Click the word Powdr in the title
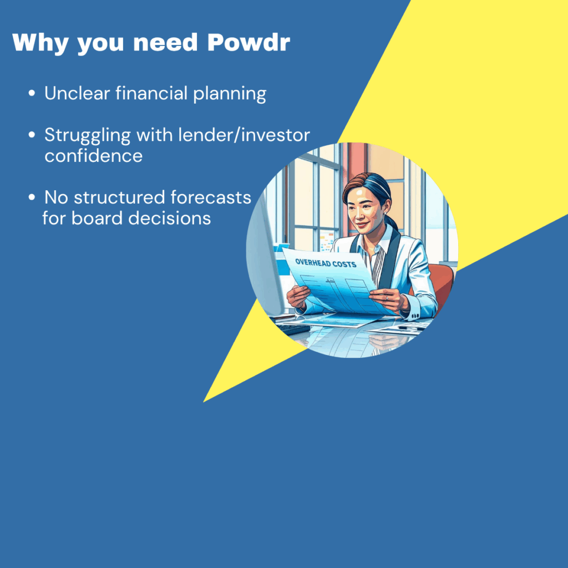[x=248, y=42]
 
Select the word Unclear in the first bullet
[x=77, y=93]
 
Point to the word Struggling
[x=87, y=136]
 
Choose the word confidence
[x=93, y=156]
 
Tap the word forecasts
[x=211, y=197]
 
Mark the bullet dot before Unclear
[x=32, y=93]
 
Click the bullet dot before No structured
[x=32, y=197]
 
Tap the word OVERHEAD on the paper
[x=313, y=262]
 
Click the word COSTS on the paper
[x=344, y=264]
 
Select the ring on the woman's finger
[x=387, y=298]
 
